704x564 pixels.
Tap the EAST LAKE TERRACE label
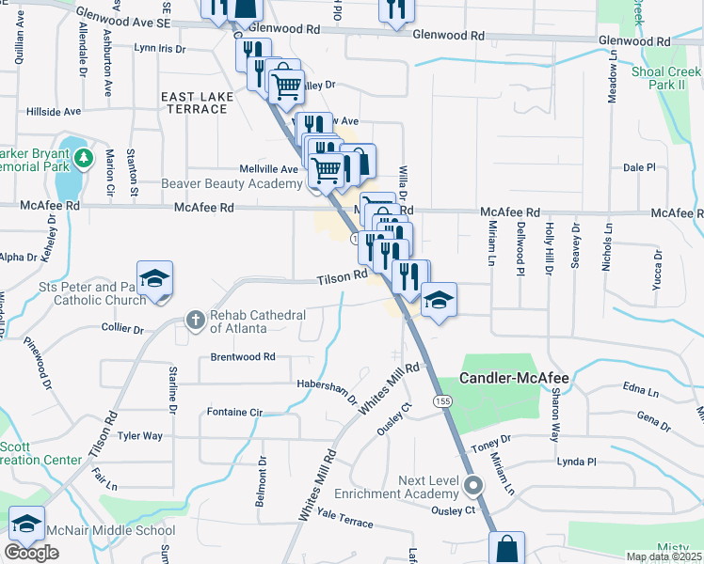click(194, 102)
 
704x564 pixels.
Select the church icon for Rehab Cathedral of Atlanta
click(195, 321)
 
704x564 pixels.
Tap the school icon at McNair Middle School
click(26, 525)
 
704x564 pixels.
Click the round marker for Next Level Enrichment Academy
click(473, 486)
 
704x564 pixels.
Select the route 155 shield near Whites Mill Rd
click(440, 400)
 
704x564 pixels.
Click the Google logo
click(31, 553)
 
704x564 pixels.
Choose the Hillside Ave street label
click(56, 111)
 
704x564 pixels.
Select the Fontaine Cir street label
click(236, 412)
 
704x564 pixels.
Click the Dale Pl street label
click(638, 167)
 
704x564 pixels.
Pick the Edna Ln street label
click(640, 388)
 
